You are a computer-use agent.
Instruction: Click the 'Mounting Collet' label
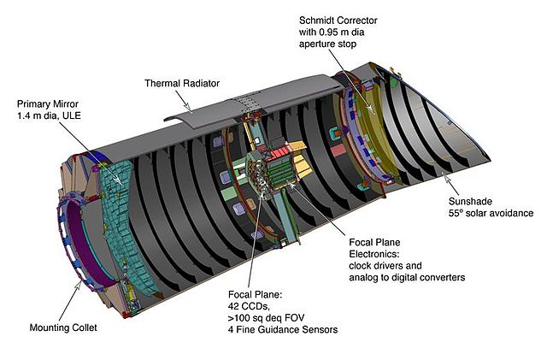pos(65,327)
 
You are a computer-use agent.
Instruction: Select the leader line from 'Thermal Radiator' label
pos(185,100)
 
